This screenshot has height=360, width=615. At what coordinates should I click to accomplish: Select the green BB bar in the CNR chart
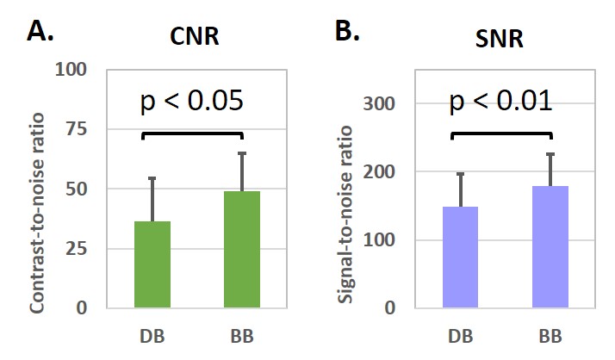coord(242,250)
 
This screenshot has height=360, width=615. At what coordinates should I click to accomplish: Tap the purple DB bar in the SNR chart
coord(461,258)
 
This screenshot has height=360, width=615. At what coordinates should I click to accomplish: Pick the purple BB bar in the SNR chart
coord(550,247)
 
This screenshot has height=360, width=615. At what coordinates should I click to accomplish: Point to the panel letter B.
coord(346,32)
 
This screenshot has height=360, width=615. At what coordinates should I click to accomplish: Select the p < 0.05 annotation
coord(192,101)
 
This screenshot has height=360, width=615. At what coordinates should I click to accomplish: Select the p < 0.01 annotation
coord(500,101)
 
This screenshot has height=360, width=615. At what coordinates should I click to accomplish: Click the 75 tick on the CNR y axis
coord(80,129)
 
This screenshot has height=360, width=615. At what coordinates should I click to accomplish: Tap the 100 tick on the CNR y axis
coord(76,70)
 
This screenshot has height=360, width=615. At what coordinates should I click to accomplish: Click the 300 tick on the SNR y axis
coord(384,104)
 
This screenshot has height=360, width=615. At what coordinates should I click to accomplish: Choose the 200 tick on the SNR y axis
coord(384,172)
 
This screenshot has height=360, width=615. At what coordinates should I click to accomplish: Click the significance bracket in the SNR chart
coord(500,133)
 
